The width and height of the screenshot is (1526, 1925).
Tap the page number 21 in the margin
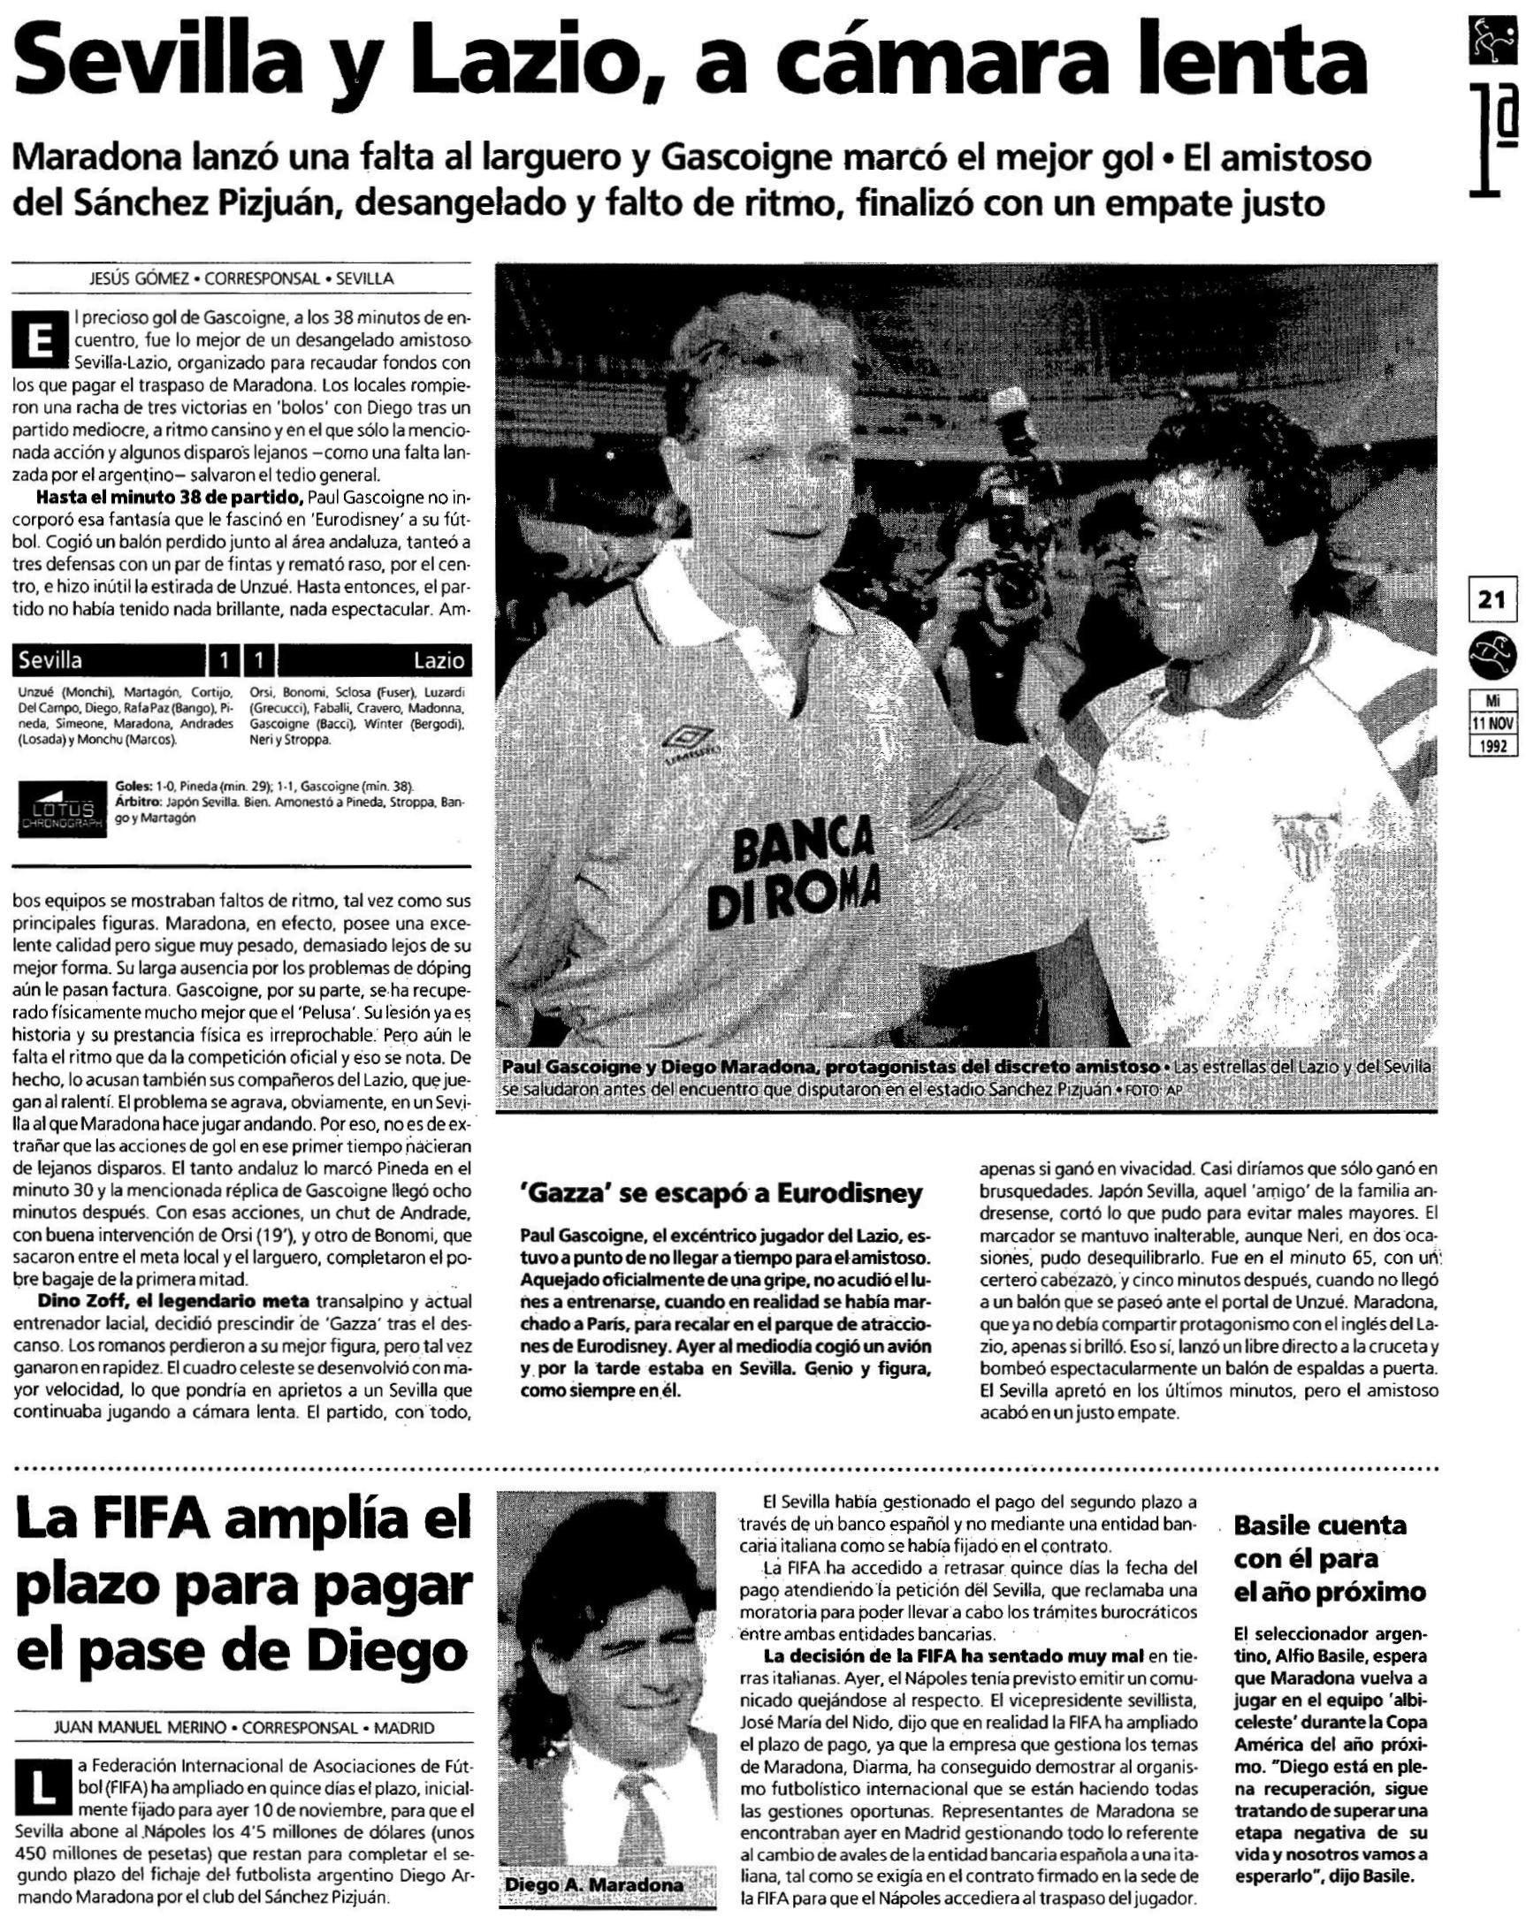click(x=1491, y=600)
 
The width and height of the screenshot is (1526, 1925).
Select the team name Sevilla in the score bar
click(x=51, y=661)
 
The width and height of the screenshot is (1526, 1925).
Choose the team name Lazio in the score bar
click(x=439, y=661)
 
